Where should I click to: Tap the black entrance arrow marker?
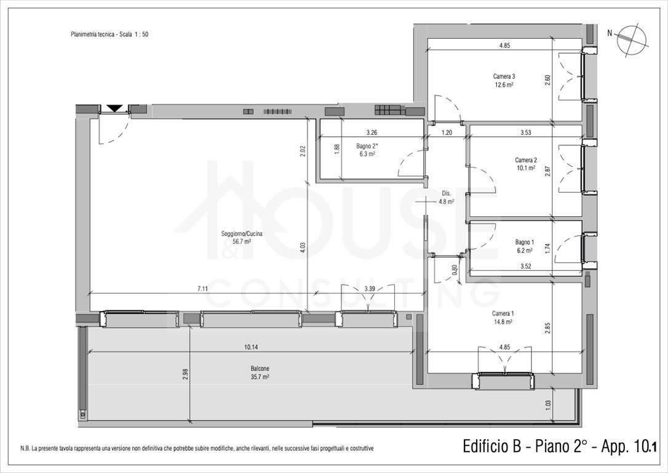114,108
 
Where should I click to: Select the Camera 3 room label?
504,80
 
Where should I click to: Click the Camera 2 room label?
526,164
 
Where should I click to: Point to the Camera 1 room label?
503,317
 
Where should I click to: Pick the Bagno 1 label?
524,246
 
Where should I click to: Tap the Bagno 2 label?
366,150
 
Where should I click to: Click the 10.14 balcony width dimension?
252,347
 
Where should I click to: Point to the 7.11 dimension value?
202,289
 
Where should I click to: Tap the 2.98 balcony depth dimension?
185,374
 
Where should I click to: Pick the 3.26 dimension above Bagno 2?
372,132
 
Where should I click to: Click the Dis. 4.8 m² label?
446,198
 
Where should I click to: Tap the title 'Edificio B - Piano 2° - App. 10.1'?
559,447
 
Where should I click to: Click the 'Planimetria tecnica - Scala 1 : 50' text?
109,34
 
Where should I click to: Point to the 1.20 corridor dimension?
447,132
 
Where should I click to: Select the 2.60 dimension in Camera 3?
548,80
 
